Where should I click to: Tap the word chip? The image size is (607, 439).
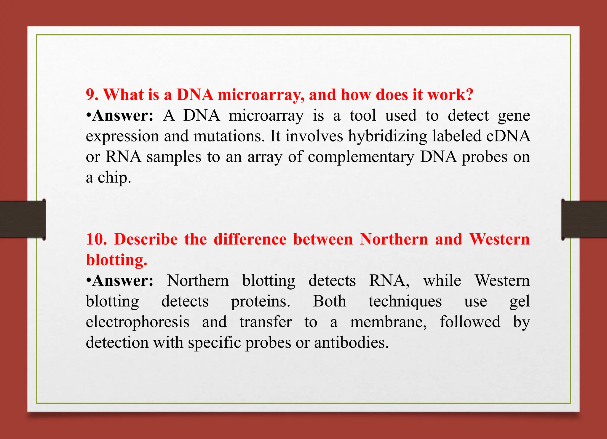[114, 178]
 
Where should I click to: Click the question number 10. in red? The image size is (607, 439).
[96, 239]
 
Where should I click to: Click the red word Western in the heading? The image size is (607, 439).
[499, 239]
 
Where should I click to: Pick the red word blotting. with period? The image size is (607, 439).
[116, 260]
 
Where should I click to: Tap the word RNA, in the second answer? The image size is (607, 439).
[389, 281]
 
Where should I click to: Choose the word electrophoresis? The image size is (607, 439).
[138, 322]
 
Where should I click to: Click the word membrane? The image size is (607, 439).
[389, 322]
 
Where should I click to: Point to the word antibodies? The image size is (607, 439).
[351, 343]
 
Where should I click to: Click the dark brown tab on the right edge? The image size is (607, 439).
[584, 219]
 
